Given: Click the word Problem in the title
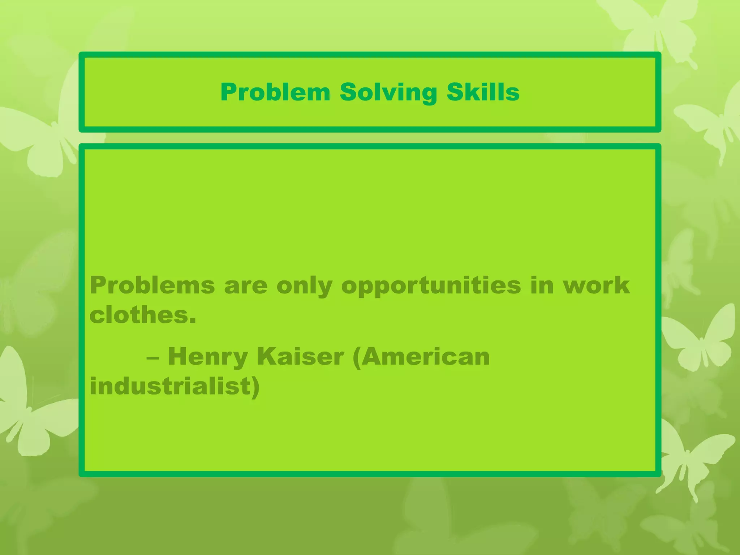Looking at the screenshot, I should point(275,92).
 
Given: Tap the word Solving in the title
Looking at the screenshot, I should point(388,93).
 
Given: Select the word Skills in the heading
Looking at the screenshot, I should point(483,92).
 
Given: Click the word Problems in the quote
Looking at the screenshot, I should point(152,285).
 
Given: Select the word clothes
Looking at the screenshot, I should point(139,315).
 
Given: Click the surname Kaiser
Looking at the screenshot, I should point(300,357).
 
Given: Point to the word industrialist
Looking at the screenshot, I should point(170,386).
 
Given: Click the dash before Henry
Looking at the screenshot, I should point(153,358).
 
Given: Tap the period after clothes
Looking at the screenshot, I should point(193,321).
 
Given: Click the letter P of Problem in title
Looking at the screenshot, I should point(229,92).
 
